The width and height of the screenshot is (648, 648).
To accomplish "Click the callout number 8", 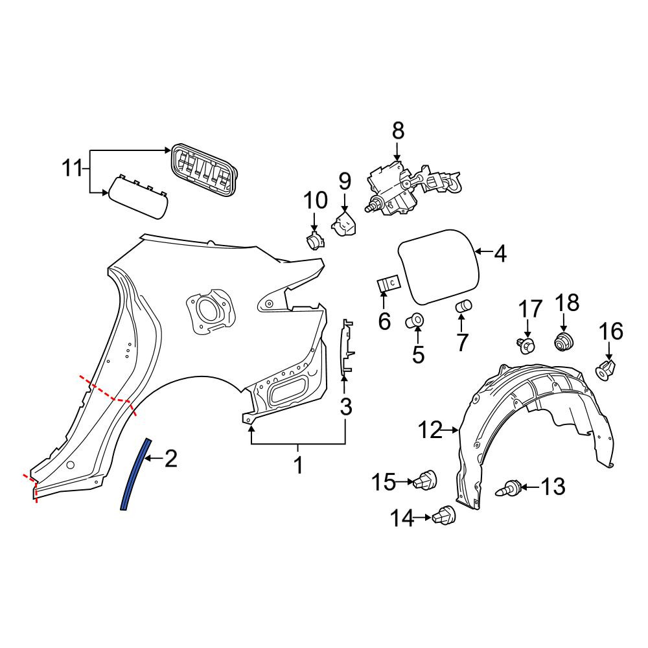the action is click(x=398, y=131).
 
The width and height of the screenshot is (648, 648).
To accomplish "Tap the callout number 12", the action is click(x=430, y=431).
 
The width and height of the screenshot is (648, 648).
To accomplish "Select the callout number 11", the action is click(x=73, y=168).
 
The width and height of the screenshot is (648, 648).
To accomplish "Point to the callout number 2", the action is click(x=171, y=459).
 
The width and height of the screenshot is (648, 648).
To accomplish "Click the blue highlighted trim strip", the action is click(x=135, y=474).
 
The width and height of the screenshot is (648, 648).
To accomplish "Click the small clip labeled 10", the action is click(x=315, y=240).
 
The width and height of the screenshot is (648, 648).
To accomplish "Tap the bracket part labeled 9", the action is click(x=344, y=224).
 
